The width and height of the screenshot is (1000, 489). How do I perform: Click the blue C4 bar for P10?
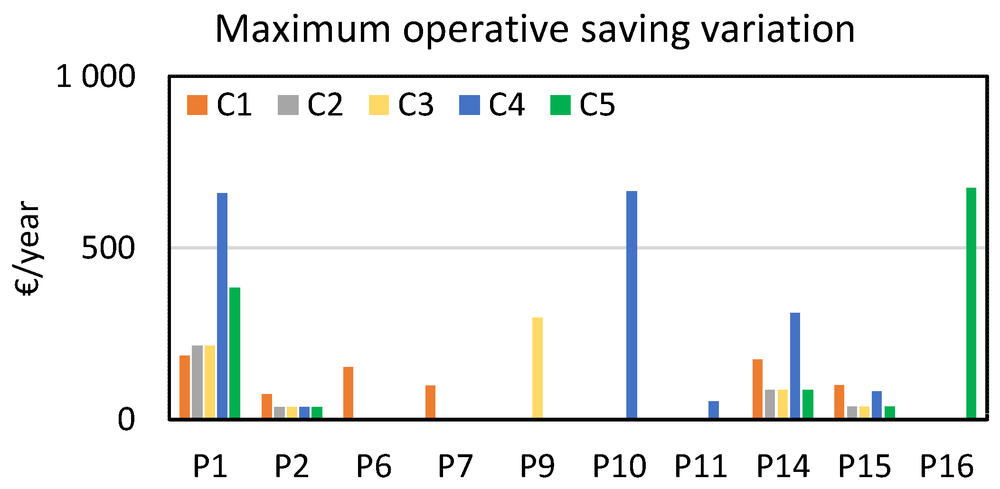(632, 304)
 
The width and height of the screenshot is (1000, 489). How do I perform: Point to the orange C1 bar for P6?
(348, 392)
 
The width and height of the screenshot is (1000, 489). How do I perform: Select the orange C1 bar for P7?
(430, 402)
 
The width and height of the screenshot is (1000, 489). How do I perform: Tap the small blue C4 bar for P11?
(713, 409)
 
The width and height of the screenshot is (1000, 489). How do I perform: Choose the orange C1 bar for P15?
(839, 401)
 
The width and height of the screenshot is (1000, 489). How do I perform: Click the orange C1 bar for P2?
(267, 406)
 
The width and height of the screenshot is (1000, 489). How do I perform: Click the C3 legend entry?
(401, 105)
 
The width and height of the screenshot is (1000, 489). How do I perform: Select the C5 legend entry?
(583, 105)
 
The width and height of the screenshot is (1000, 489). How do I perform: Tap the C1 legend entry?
(219, 105)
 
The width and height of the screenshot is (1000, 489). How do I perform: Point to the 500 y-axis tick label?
(108, 248)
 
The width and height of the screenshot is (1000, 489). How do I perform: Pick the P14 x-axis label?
(783, 466)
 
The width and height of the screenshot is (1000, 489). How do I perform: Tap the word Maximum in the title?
(302, 29)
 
